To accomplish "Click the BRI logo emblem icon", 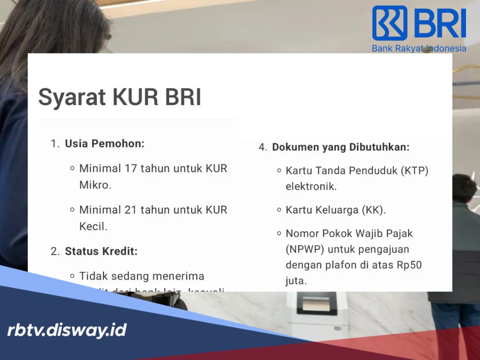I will tap(390, 23).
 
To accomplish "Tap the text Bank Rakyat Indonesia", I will tap(419, 48).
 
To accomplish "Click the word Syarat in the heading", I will tap(71, 97).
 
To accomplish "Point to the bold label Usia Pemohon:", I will tap(105, 143).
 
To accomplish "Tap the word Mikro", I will tap(95, 185).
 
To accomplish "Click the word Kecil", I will tap(93, 226).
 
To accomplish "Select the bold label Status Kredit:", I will tap(101, 251).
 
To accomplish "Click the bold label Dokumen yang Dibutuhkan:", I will tap(341, 147).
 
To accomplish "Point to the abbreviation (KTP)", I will tap(414, 170).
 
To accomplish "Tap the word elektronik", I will tap(311, 186).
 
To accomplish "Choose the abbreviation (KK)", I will tap(373, 210).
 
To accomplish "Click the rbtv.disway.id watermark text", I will tap(67, 330).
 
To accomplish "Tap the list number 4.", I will tap(262, 147).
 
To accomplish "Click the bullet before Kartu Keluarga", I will tap(279, 210).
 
